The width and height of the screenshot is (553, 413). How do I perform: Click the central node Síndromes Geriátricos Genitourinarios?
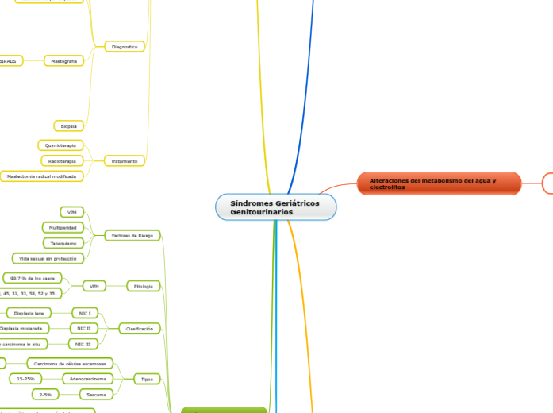275,208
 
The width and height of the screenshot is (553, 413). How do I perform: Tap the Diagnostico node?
125,47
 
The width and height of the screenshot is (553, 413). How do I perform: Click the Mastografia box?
63,60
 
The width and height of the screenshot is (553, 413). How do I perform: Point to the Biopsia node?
68,125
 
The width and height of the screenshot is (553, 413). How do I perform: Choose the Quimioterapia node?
60,145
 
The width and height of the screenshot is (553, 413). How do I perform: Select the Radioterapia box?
62,160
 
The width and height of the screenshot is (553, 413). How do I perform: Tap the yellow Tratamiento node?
125,160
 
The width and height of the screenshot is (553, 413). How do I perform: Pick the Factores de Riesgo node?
132,235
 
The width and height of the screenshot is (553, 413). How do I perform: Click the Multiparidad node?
63,227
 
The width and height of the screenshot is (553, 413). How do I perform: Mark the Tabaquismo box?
63,243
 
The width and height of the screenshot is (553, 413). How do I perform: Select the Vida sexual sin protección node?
48,258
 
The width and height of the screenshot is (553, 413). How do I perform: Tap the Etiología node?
144,286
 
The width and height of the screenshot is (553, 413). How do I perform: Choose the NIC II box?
83,328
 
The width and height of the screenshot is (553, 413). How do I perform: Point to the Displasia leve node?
29,313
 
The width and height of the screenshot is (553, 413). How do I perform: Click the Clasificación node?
139,328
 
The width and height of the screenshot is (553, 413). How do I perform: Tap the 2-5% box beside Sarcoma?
44,394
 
